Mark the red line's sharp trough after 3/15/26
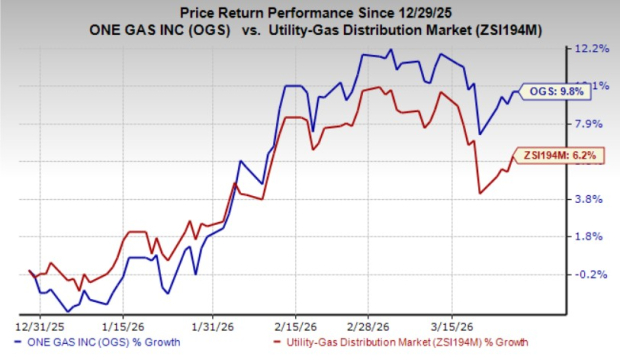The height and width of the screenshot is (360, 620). (481, 193)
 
